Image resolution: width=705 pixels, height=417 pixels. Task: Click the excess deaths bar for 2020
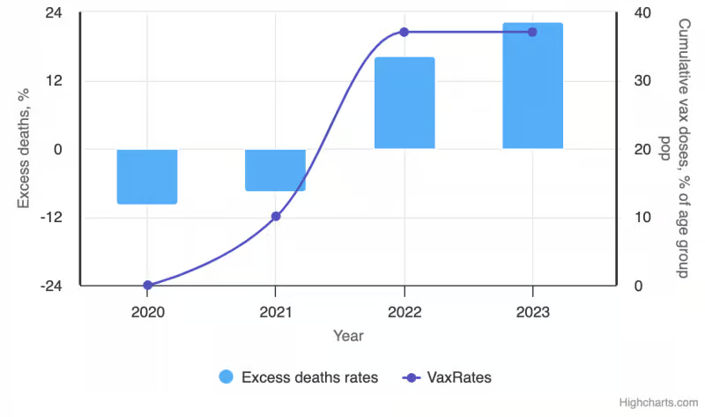pyautogui.click(x=147, y=177)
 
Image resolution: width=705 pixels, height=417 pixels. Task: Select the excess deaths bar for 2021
pyautogui.click(x=275, y=170)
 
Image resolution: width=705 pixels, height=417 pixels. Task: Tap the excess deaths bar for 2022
pyautogui.click(x=404, y=103)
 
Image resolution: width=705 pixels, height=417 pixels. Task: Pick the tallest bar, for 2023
pyautogui.click(x=533, y=86)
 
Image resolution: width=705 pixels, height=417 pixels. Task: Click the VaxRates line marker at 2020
pyautogui.click(x=148, y=285)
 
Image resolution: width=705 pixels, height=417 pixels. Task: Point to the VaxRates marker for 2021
pyautogui.click(x=276, y=216)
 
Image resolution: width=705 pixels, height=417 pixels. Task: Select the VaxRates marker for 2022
pyautogui.click(x=404, y=32)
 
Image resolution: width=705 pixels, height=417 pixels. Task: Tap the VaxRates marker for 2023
pyautogui.click(x=532, y=32)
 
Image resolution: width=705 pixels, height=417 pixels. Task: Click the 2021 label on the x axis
pyautogui.click(x=276, y=312)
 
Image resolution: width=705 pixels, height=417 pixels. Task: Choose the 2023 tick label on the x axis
pyautogui.click(x=533, y=312)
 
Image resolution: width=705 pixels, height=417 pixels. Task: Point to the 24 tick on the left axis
pyautogui.click(x=54, y=12)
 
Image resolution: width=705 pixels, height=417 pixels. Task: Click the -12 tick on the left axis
pyautogui.click(x=51, y=218)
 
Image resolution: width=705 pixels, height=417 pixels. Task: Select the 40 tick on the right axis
pyautogui.click(x=642, y=12)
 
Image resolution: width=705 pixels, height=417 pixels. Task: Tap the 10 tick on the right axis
pyautogui.click(x=642, y=218)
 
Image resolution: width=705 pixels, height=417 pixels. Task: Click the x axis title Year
pyautogui.click(x=348, y=336)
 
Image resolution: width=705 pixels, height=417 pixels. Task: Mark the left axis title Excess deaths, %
pyautogui.click(x=24, y=148)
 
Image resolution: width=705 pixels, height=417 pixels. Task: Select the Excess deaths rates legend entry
pyautogui.click(x=299, y=377)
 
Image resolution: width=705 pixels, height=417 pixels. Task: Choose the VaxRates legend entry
pyautogui.click(x=447, y=377)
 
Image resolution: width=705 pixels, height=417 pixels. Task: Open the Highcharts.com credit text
pyautogui.click(x=658, y=403)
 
